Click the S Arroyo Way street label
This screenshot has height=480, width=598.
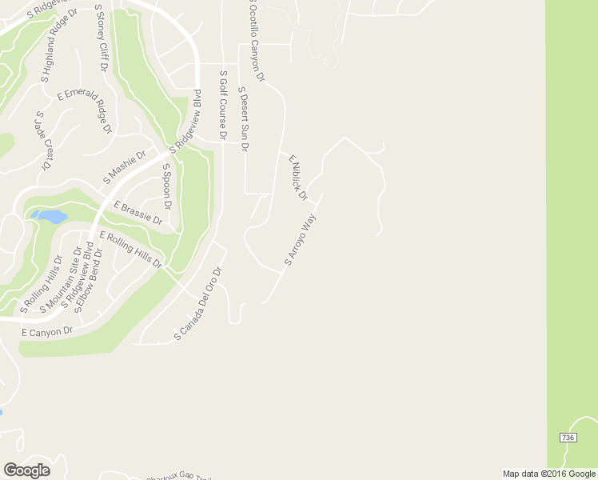(301, 240)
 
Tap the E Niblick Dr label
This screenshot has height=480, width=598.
(298, 178)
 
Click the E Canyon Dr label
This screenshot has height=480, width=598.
(47, 331)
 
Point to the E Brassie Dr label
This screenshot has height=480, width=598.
(138, 214)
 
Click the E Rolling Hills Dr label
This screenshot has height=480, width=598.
(130, 250)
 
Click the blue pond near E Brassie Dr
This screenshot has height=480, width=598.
(50, 216)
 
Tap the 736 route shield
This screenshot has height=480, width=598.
(567, 438)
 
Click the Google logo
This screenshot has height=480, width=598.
(26, 470)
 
